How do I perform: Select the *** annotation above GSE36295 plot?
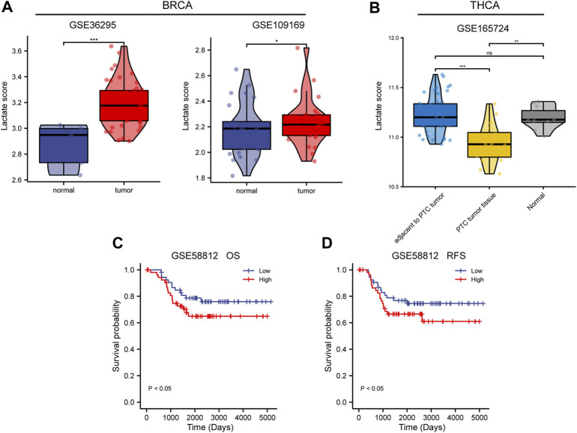(x=82, y=42)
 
